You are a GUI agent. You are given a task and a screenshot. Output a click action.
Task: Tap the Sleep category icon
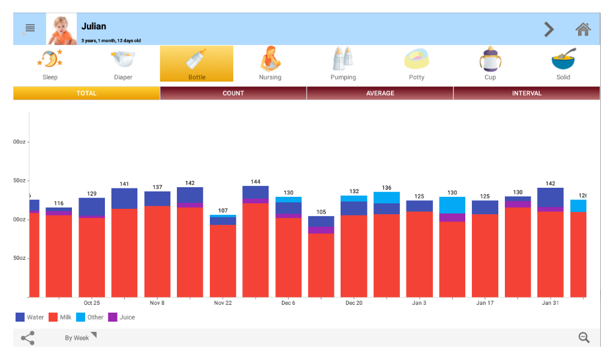[x=50, y=59]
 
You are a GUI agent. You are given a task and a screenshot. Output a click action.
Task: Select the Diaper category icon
[x=124, y=59]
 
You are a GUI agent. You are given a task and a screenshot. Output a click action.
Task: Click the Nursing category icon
[x=270, y=59]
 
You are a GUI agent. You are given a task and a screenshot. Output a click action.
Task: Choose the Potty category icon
[x=417, y=59]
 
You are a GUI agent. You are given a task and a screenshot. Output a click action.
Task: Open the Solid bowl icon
[x=563, y=59]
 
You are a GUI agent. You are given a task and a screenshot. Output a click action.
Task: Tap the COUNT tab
[x=233, y=93]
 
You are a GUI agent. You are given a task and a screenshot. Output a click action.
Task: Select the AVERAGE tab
[x=380, y=93]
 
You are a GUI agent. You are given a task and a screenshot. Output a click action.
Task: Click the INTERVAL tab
[x=526, y=93]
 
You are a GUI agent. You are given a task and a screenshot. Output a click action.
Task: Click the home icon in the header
[x=583, y=29]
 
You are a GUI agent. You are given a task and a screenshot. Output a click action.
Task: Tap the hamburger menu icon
[x=30, y=28]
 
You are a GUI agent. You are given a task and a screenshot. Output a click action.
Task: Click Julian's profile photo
[x=62, y=29]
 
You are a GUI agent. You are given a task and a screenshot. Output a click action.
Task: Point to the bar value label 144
[x=255, y=182]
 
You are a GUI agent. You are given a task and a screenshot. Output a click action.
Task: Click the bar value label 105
[x=321, y=212]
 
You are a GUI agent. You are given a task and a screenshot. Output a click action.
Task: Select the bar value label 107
[x=223, y=211]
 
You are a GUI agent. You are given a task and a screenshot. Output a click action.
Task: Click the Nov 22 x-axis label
[x=223, y=303]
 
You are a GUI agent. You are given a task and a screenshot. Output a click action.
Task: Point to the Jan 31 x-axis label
[x=550, y=303]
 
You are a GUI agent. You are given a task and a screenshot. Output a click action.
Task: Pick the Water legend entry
[x=29, y=317]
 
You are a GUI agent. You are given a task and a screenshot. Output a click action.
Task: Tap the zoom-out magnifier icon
[x=584, y=338]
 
